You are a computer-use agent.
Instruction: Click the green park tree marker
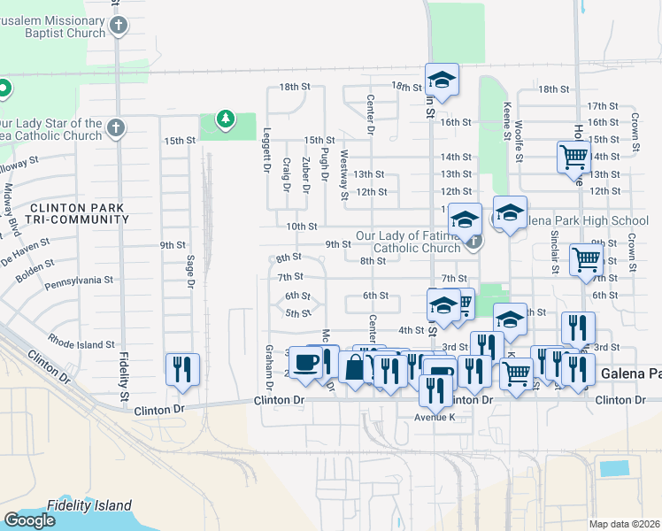[x=227, y=119]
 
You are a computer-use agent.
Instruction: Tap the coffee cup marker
[x=306, y=363]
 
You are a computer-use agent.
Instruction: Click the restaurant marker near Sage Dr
[x=182, y=369]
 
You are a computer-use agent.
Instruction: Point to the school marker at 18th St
[x=441, y=80]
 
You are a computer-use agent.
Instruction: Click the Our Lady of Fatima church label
[x=408, y=242]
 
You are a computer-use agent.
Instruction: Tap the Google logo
[x=30, y=520]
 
